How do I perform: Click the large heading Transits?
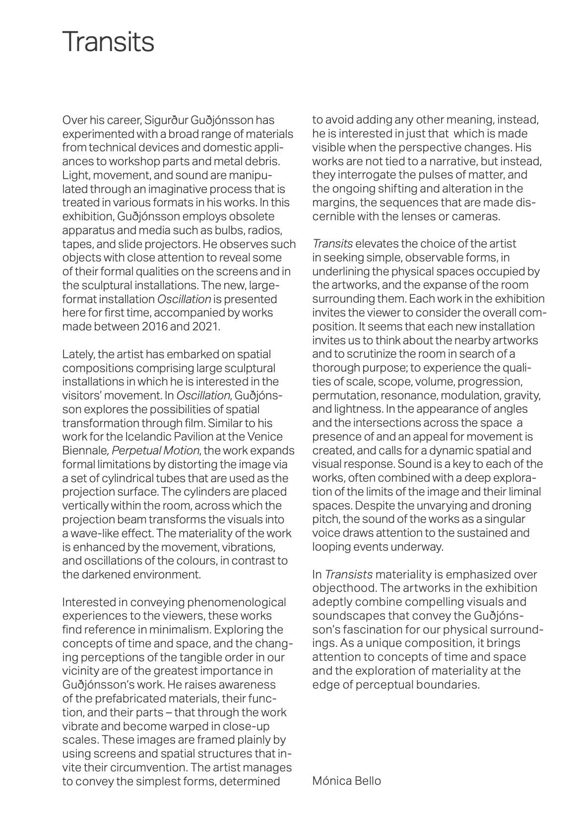point(108,42)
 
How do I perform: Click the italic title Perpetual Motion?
point(156,451)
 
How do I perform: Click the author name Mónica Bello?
point(346,781)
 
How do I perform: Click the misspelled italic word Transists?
point(348,574)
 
